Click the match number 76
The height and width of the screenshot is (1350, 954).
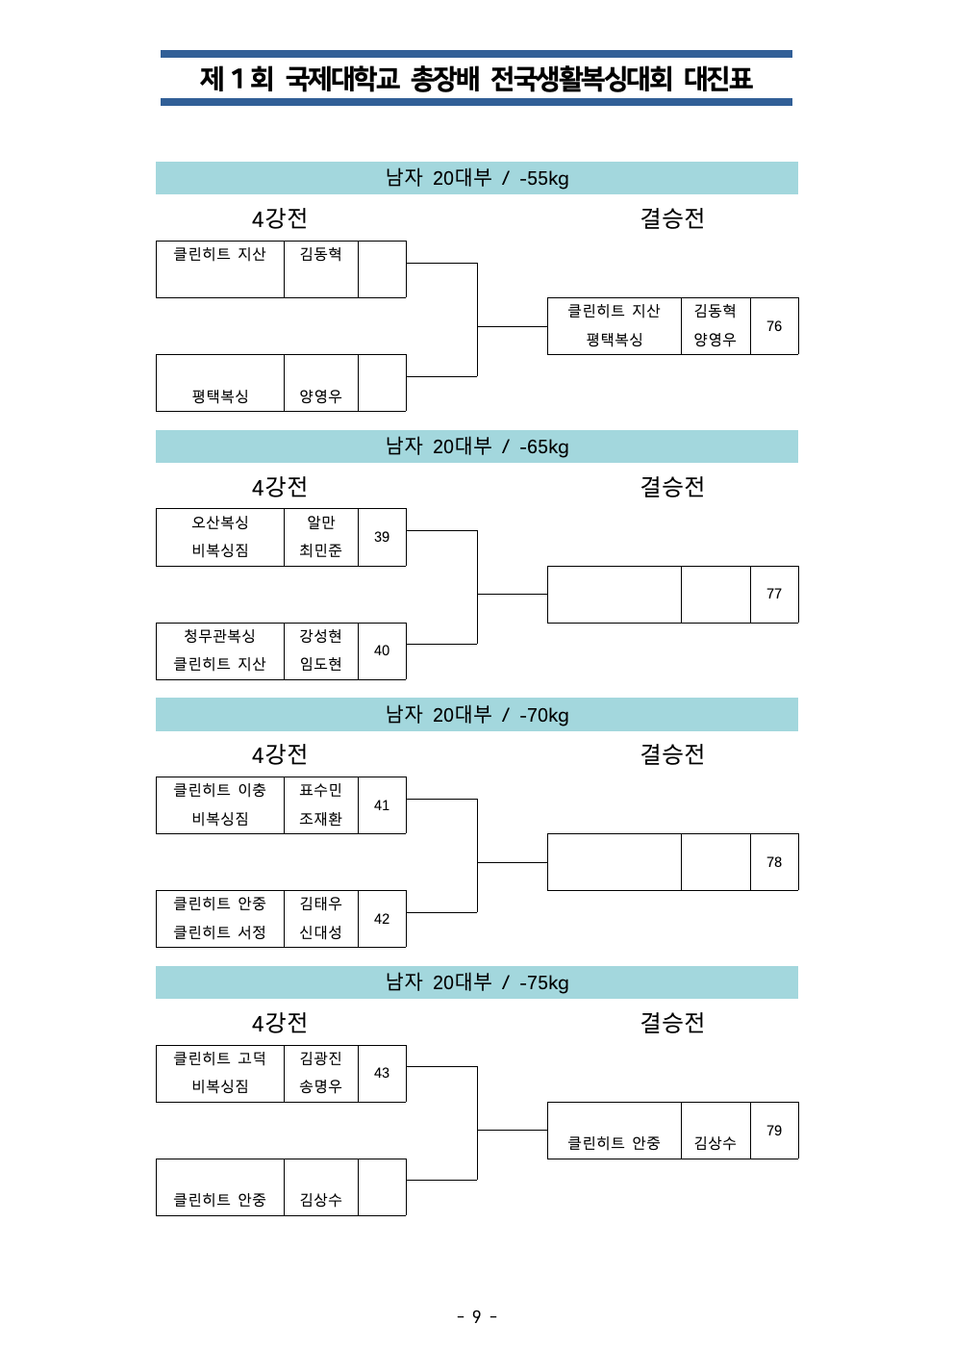click(x=774, y=326)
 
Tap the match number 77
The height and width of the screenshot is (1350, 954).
click(x=774, y=594)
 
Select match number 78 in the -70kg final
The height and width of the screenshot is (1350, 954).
click(x=774, y=862)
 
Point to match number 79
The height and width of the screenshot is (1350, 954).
click(x=774, y=1130)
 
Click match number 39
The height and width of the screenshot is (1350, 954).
click(x=381, y=537)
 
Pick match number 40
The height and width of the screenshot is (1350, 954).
click(x=381, y=650)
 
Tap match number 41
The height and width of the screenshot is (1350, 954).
click(x=381, y=805)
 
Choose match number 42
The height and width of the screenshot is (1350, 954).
click(x=381, y=919)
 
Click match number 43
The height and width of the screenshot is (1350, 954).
click(x=381, y=1073)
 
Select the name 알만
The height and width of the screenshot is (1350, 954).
click(x=320, y=522)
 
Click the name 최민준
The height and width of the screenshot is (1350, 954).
click(x=320, y=550)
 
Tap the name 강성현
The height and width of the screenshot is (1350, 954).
click(x=320, y=636)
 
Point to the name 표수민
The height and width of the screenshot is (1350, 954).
click(x=320, y=790)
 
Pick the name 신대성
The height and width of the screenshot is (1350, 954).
click(x=320, y=932)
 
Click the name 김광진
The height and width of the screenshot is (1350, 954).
click(x=320, y=1058)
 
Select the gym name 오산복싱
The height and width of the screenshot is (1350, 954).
click(x=220, y=522)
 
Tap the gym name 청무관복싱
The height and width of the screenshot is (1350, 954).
click(x=220, y=636)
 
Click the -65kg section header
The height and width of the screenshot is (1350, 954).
click(x=476, y=446)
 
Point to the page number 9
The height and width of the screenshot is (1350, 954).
click(x=476, y=1317)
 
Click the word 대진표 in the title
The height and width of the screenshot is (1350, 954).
click(x=718, y=79)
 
